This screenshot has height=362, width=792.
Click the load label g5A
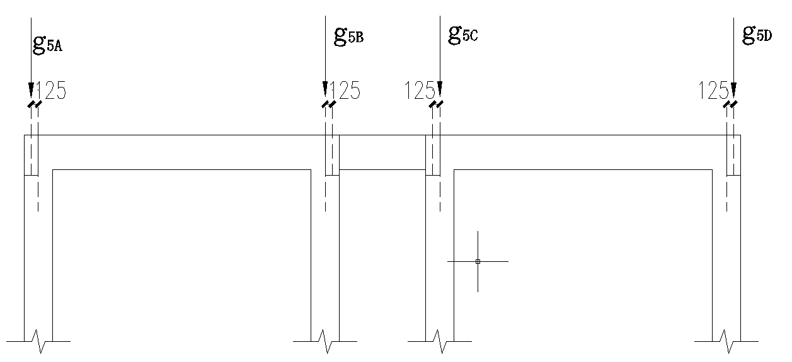pyautogui.click(x=47, y=45)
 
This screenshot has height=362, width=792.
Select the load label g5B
pyautogui.click(x=348, y=36)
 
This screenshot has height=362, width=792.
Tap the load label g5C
pyautogui.click(x=463, y=34)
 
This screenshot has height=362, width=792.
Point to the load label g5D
pyautogui.click(x=757, y=35)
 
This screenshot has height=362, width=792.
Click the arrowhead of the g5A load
pyautogui.click(x=31, y=89)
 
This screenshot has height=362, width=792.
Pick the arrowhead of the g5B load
pyautogui.click(x=325, y=89)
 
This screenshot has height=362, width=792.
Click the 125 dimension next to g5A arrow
pyautogui.click(x=51, y=91)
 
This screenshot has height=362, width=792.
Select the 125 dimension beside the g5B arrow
pyautogui.click(x=345, y=91)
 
